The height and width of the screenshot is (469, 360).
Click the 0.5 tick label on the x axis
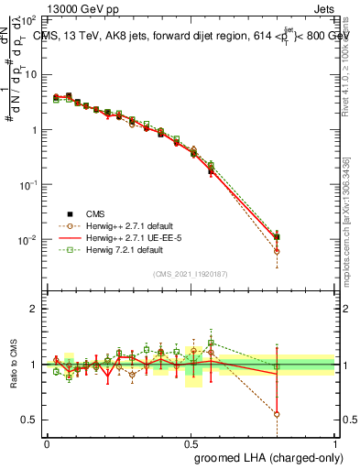[191, 444]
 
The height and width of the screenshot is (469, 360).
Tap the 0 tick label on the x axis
[47, 444]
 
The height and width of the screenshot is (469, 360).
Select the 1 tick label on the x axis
[335, 444]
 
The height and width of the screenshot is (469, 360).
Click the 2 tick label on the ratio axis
[34, 309]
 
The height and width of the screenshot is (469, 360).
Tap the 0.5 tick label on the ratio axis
[30, 420]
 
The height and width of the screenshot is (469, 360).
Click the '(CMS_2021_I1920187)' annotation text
[191, 274]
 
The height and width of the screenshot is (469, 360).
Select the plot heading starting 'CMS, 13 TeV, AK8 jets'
[190, 36]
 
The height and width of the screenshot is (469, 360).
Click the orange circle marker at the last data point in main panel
[277, 251]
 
